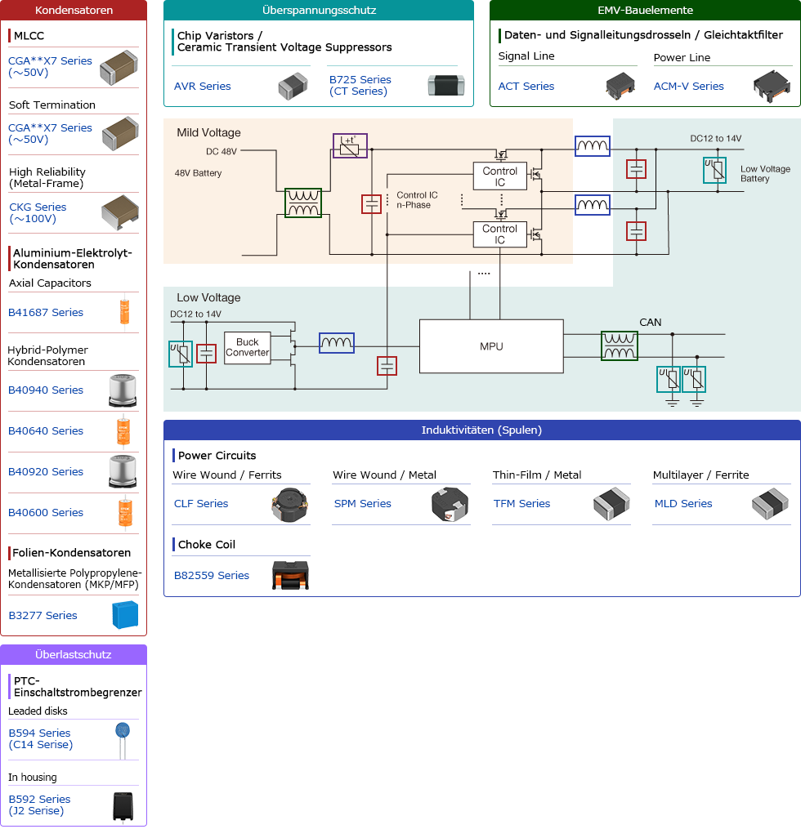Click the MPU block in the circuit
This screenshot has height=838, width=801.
click(x=491, y=346)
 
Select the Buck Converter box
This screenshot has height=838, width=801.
click(x=247, y=347)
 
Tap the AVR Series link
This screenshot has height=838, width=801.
click(x=202, y=86)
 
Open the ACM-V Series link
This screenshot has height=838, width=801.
click(x=688, y=86)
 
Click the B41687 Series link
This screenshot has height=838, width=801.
click(x=46, y=312)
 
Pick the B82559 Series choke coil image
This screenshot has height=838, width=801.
click(x=289, y=575)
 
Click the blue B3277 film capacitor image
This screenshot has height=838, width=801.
click(x=125, y=615)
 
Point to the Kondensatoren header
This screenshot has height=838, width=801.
click(x=74, y=11)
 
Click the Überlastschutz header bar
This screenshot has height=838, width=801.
click(x=74, y=654)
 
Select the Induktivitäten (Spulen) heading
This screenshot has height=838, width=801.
click(x=481, y=430)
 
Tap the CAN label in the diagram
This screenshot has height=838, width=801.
click(x=651, y=322)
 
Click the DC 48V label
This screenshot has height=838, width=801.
click(x=221, y=151)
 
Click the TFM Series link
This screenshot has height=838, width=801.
click(x=521, y=503)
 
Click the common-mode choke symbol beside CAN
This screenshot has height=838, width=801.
click(x=620, y=345)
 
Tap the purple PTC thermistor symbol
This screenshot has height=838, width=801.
click(x=350, y=146)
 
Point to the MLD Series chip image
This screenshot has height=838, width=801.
click(x=770, y=504)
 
